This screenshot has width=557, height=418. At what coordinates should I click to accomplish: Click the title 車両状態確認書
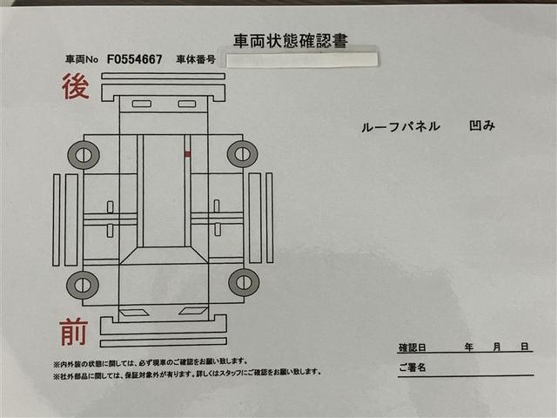[x=290, y=41]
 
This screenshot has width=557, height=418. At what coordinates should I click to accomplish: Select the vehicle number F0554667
[x=135, y=59]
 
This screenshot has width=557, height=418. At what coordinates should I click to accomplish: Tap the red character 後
[x=76, y=86]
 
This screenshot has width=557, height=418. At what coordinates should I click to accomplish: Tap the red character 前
[x=73, y=333]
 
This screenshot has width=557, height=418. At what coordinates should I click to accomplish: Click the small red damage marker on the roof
[x=188, y=154]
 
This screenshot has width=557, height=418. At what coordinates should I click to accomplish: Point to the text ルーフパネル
[x=400, y=126]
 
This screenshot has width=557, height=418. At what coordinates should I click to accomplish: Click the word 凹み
[x=482, y=125]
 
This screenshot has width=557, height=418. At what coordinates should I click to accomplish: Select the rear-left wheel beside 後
[x=84, y=155]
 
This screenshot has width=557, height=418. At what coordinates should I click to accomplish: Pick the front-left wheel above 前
[x=83, y=285]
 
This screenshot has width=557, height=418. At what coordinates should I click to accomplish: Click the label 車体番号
[x=196, y=59]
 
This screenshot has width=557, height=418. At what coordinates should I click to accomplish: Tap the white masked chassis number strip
[x=302, y=60]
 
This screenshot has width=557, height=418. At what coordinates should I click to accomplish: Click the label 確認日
[x=412, y=347]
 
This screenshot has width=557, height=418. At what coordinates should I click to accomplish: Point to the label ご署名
[x=412, y=367]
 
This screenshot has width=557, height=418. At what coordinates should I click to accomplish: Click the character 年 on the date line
[x=469, y=347]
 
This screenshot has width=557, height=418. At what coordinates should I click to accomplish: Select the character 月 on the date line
[x=497, y=347]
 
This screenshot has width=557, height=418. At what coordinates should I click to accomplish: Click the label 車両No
[x=82, y=59]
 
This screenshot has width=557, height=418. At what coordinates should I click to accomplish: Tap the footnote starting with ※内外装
[x=151, y=362]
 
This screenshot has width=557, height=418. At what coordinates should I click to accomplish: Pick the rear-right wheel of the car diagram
[x=243, y=154]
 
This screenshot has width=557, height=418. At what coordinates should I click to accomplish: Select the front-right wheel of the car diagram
[x=244, y=282]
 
